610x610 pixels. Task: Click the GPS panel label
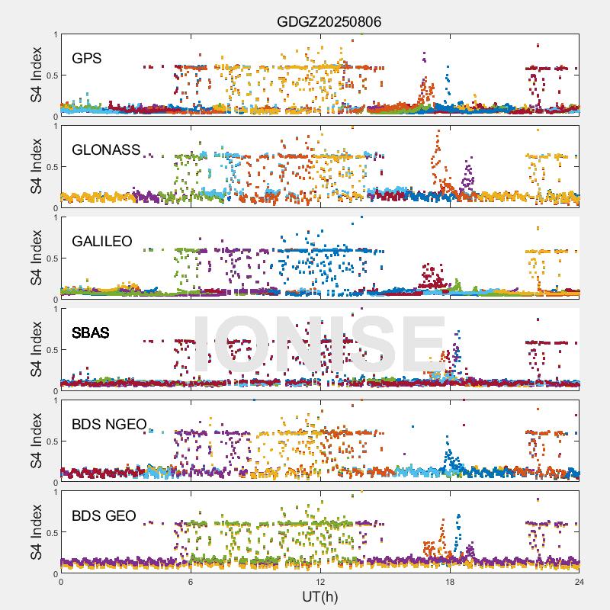click(87, 58)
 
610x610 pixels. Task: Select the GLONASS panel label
click(106, 149)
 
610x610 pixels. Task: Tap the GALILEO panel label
click(102, 241)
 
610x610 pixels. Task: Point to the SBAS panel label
click(91, 332)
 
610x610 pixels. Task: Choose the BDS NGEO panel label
click(109, 424)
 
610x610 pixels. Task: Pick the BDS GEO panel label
click(104, 515)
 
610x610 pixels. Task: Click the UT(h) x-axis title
click(319, 596)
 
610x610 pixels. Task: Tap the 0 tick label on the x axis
click(61, 582)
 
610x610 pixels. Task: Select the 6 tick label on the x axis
click(191, 582)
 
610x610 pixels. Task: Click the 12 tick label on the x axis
click(320, 582)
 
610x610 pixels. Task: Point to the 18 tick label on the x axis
click(450, 582)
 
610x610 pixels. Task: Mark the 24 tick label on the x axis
click(579, 582)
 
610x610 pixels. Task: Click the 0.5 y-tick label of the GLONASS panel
click(50, 167)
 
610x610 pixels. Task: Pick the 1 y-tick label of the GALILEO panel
click(55, 217)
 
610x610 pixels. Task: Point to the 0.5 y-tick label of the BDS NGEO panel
click(50, 441)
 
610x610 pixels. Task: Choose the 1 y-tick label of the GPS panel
click(55, 34)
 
